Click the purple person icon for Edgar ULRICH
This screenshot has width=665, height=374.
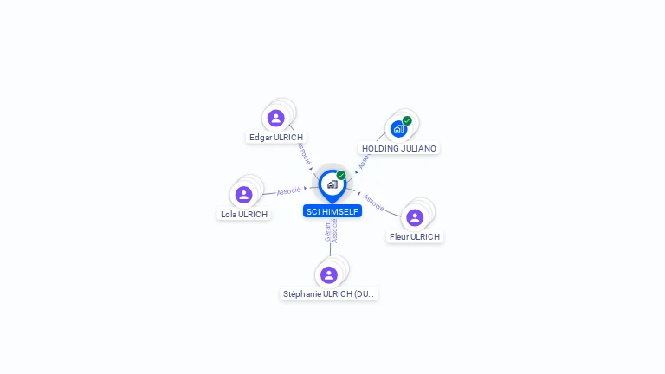[x=276, y=118]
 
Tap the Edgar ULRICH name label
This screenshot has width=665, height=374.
[x=276, y=137]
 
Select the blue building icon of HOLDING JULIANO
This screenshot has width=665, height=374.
[x=398, y=129]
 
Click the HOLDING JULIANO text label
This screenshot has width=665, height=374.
[x=399, y=148]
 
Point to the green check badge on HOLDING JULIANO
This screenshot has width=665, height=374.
[x=407, y=121]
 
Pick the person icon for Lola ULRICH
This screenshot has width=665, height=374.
[x=244, y=195]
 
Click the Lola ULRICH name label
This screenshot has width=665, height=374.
[x=244, y=214]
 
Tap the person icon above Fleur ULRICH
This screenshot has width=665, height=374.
[x=415, y=217]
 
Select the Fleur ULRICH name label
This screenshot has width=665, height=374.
[x=415, y=236]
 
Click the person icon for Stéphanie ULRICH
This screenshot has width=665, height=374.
[x=329, y=274]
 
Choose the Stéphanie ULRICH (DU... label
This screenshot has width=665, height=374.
[x=329, y=293]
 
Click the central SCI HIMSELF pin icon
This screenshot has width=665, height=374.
[x=332, y=184]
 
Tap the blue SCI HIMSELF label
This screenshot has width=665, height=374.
[x=332, y=211]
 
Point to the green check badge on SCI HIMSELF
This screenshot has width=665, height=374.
[x=341, y=176]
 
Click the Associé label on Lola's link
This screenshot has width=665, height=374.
[x=288, y=190]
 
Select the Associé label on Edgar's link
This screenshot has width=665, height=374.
[x=304, y=153]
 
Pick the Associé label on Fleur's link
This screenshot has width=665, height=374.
[x=374, y=202]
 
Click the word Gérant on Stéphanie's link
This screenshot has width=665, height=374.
[x=328, y=231]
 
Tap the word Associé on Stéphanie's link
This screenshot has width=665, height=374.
[x=335, y=231]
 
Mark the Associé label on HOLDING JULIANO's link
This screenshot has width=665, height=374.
[x=364, y=161]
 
